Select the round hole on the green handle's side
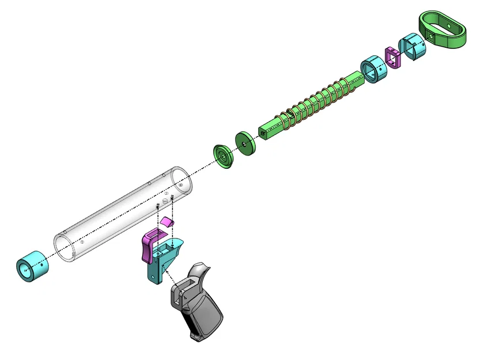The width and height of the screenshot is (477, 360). pyautogui.click(x=433, y=35)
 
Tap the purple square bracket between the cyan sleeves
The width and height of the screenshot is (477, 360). pyautogui.click(x=393, y=57)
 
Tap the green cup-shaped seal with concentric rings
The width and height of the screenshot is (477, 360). pyautogui.click(x=222, y=156)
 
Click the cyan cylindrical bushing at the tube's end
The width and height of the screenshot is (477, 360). pyautogui.click(x=32, y=267)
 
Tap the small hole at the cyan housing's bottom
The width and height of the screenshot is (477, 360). pyautogui.click(x=153, y=279)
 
